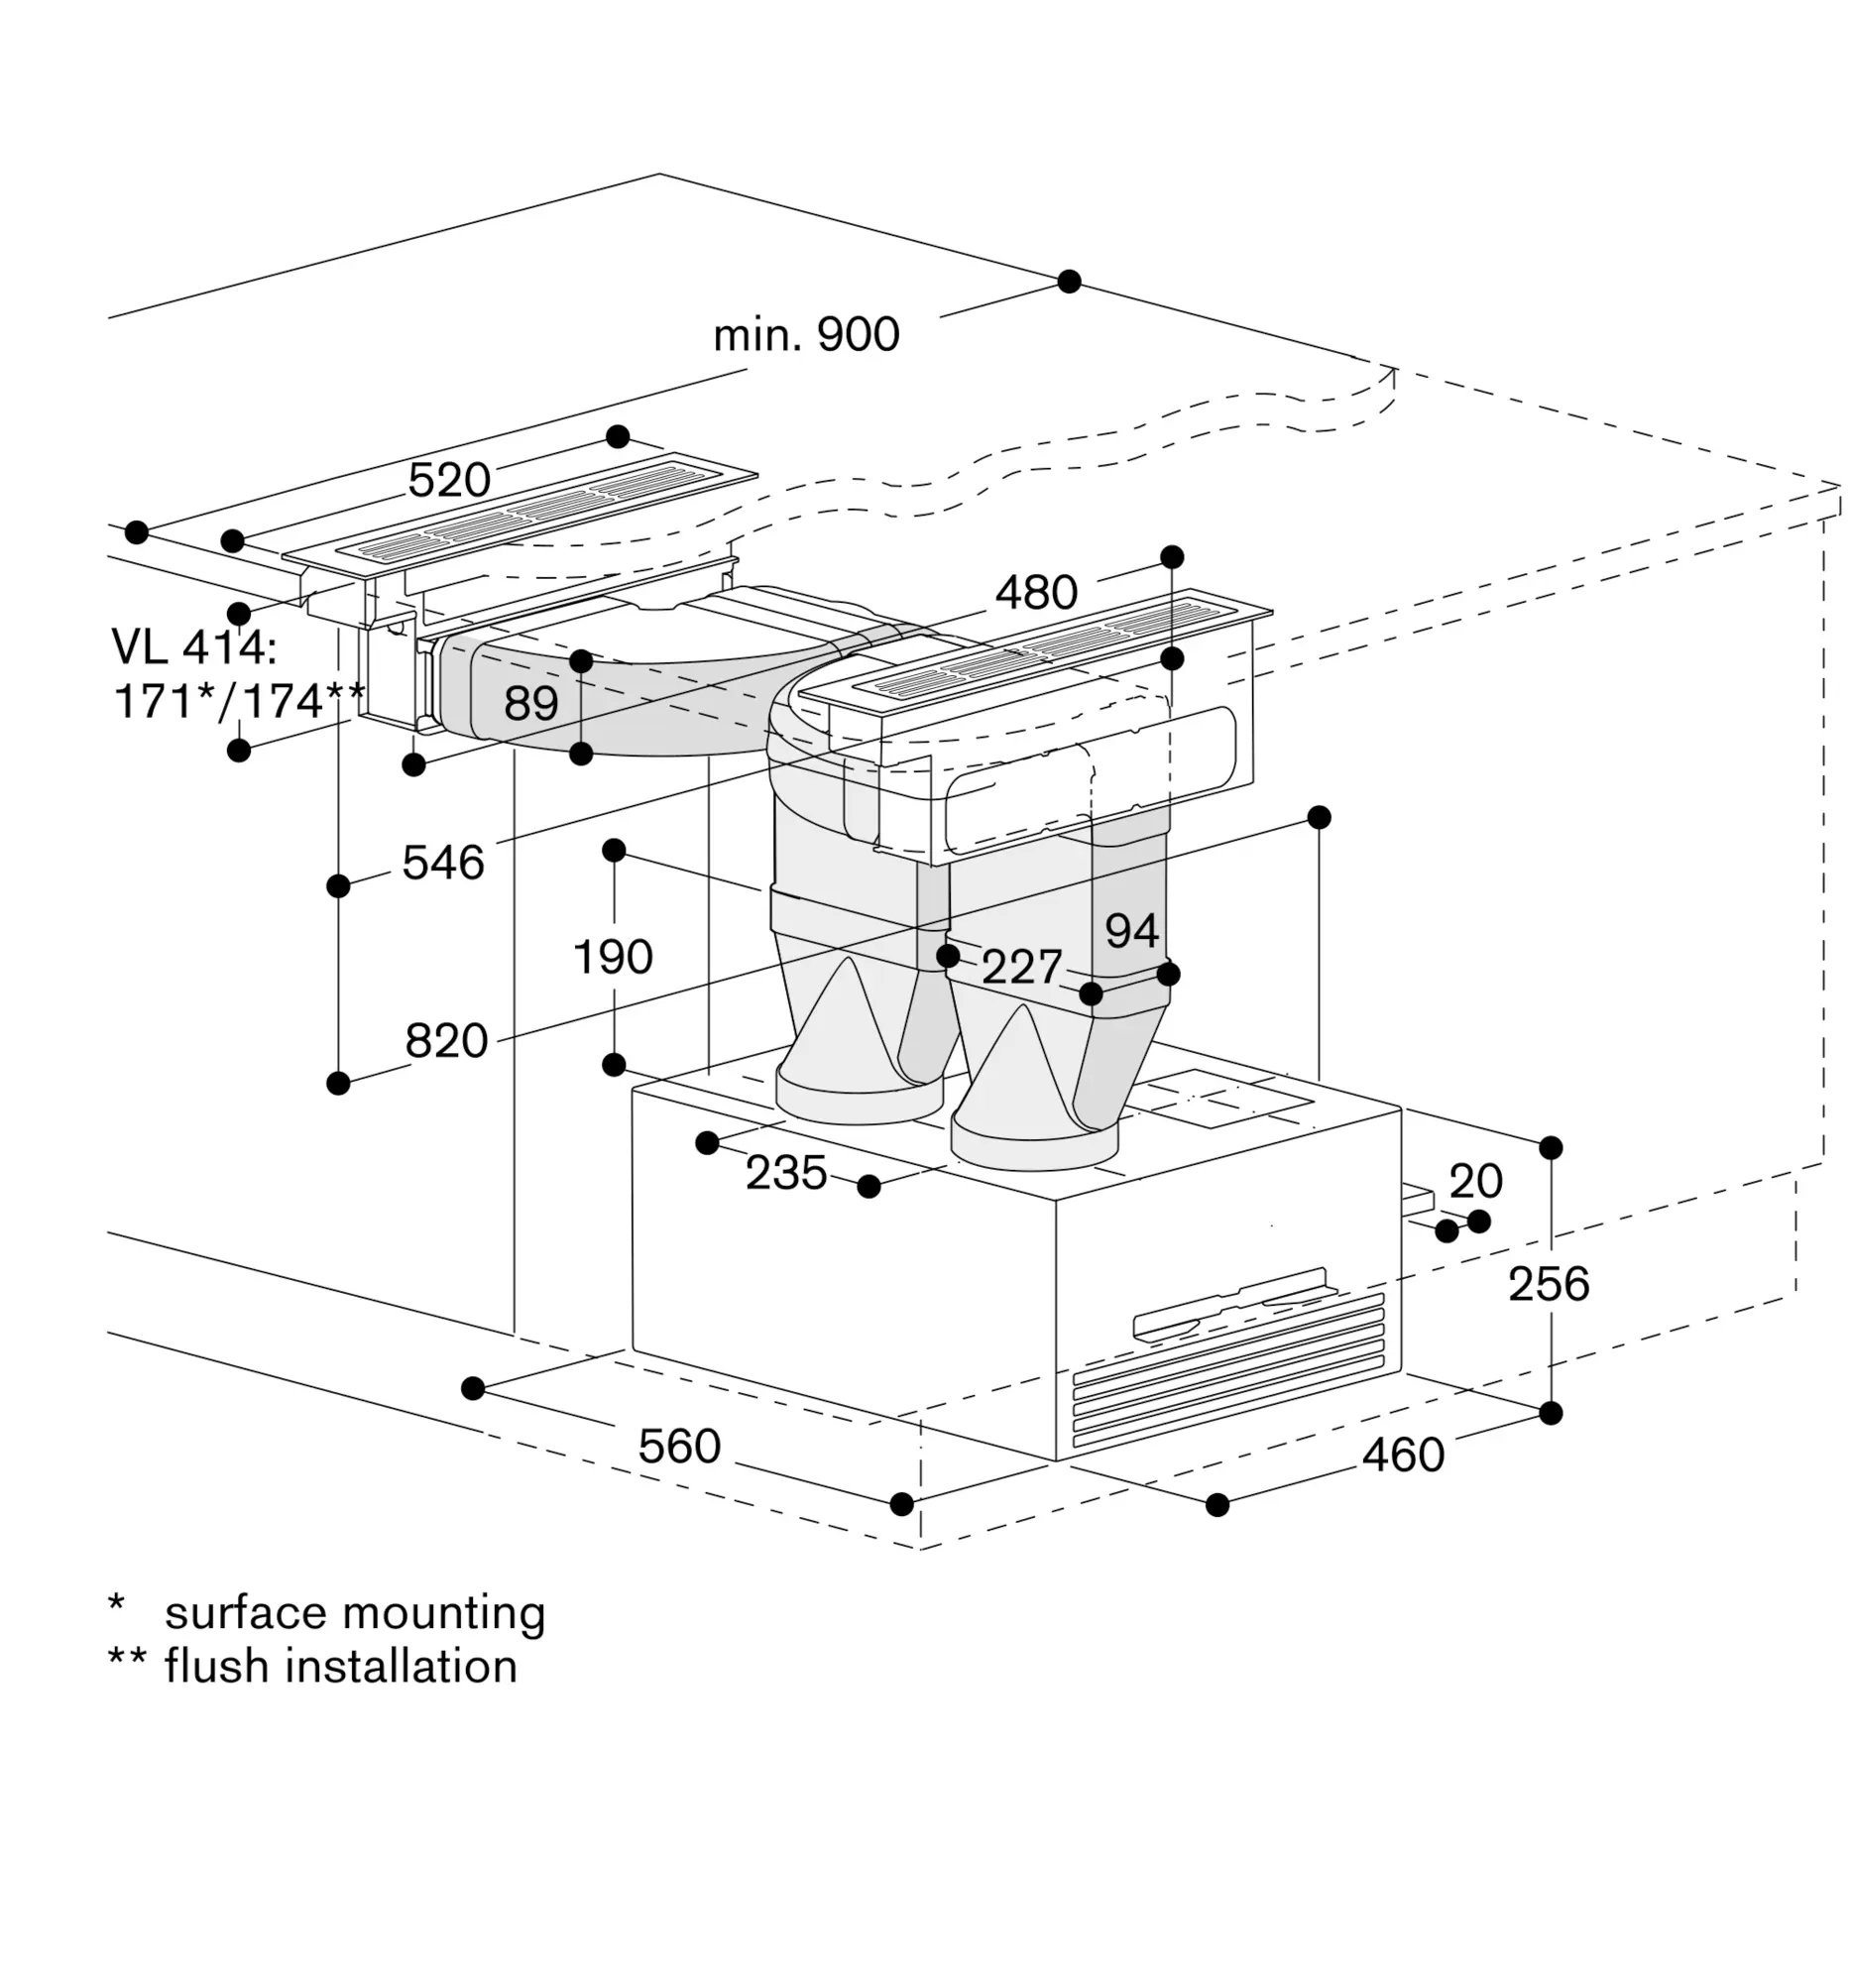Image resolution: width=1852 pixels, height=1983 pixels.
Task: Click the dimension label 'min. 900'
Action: click(x=806, y=334)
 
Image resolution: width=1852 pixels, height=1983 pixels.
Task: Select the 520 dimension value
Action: click(x=449, y=481)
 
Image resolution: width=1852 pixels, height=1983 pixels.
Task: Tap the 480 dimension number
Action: click(x=1036, y=593)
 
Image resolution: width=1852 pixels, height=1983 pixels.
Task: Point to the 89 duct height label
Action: click(x=530, y=703)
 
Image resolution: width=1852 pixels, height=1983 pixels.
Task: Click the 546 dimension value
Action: click(x=443, y=862)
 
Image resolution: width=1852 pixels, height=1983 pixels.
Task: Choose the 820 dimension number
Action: click(x=446, y=1040)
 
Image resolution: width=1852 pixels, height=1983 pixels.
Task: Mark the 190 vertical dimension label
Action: click(x=613, y=957)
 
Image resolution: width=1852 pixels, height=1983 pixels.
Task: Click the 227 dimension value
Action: click(x=1022, y=967)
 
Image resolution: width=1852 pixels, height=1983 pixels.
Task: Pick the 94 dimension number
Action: click(x=1132, y=931)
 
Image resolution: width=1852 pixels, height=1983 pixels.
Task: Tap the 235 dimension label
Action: click(x=786, y=1173)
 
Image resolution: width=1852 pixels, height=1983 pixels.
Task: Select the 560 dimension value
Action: click(x=679, y=1447)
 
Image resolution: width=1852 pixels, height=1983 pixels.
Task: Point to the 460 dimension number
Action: click(x=1403, y=1456)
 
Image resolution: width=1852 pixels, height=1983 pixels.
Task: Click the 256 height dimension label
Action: click(x=1548, y=1284)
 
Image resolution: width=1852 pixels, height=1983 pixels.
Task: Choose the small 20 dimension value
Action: click(x=1475, y=1181)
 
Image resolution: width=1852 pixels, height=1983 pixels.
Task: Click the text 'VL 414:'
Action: click(x=194, y=646)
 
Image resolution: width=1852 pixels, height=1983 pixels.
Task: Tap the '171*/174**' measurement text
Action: click(x=239, y=700)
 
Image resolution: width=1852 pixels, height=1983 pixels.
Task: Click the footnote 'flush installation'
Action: click(x=341, y=1666)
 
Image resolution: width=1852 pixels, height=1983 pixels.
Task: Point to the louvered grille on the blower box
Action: click(x=1228, y=1368)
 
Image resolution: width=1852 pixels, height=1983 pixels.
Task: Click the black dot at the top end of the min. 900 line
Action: click(x=1069, y=282)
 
